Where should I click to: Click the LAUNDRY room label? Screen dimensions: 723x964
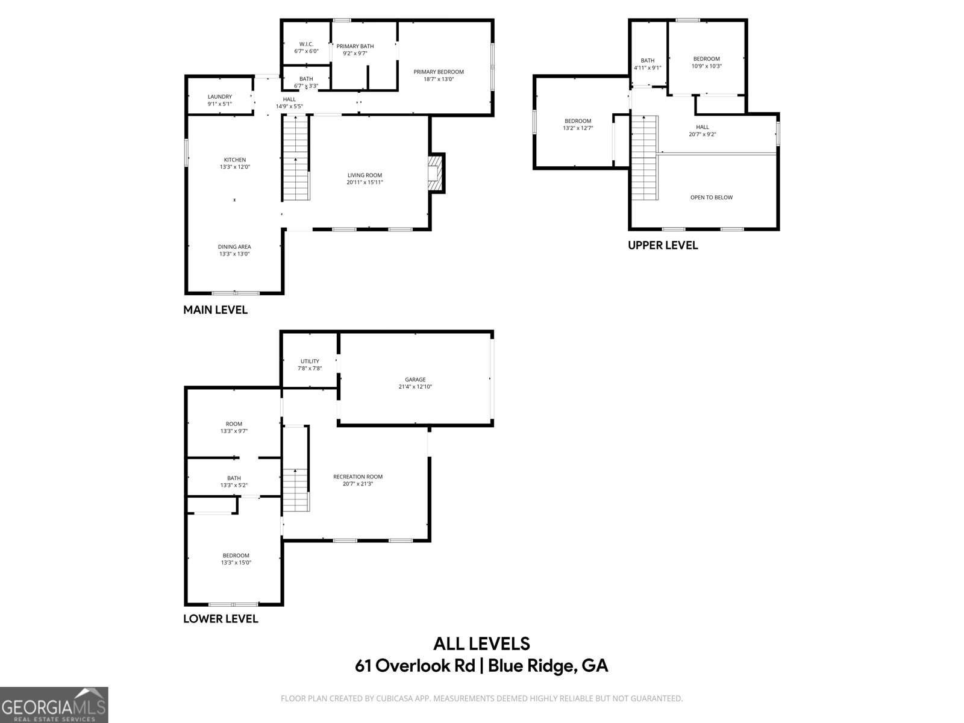(219, 97)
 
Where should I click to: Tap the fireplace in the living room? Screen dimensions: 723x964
(435, 173)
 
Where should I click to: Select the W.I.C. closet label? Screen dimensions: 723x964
(306, 44)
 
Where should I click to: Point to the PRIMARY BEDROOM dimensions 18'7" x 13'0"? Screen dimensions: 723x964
(438, 79)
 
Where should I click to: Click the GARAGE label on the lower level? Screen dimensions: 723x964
(415, 380)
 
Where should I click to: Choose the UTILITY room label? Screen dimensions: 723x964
(310, 361)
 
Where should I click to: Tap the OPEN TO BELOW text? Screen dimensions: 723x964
(711, 198)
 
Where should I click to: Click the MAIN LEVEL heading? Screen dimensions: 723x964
(215, 310)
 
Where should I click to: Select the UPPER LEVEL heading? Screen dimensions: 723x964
(663, 245)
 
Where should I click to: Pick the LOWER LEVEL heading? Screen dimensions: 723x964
(221, 619)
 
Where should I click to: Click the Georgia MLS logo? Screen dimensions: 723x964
(54, 704)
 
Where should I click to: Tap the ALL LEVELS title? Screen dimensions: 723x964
(481, 643)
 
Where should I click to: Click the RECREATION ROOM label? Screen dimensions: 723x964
(358, 477)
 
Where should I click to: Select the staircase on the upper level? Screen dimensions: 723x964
(643, 158)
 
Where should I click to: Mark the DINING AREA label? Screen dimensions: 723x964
(234, 246)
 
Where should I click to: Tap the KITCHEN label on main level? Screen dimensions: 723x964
(234, 160)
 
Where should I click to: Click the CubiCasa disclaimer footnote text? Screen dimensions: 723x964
(481, 698)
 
